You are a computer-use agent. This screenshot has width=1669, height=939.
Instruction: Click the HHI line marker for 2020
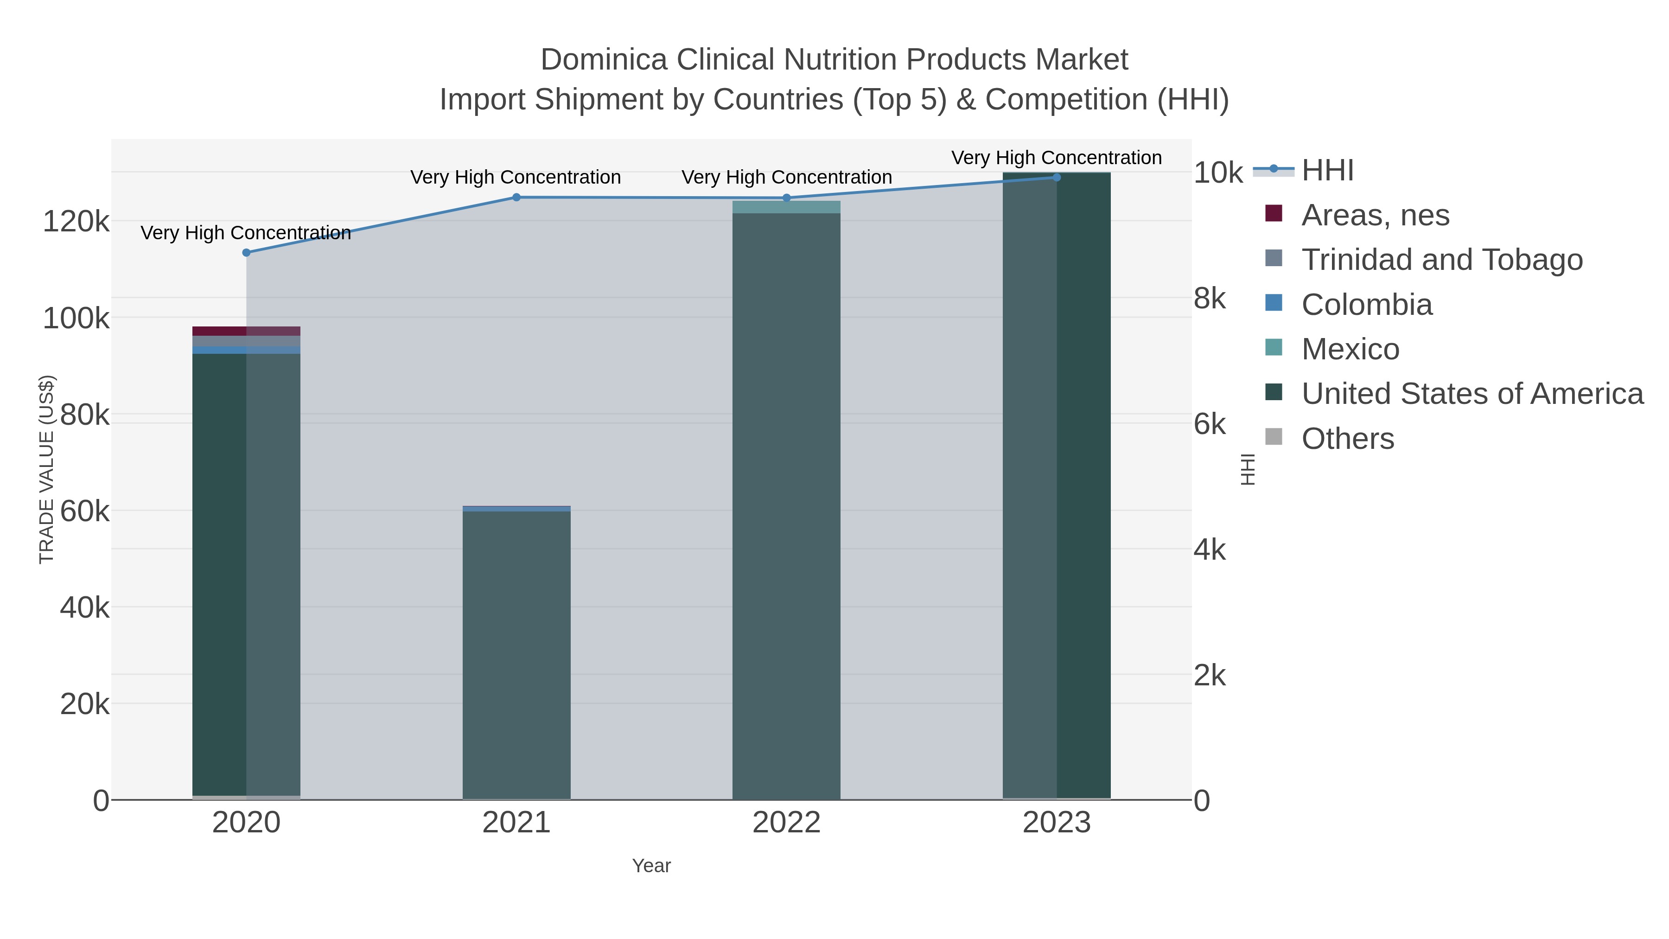pos(246,253)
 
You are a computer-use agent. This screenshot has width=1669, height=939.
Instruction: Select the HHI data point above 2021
pos(516,198)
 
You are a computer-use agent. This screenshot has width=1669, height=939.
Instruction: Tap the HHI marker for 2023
pos(1057,178)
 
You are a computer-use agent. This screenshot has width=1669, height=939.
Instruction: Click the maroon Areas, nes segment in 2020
pos(246,331)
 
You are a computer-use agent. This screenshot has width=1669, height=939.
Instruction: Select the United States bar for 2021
pos(516,654)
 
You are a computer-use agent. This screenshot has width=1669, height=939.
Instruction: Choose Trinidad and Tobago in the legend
pos(1441,260)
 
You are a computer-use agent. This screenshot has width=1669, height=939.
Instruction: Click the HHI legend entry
pos(1327,171)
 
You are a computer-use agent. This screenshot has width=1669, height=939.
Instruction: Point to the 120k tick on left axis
pos(76,222)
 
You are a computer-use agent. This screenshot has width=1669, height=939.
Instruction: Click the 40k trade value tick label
pos(84,608)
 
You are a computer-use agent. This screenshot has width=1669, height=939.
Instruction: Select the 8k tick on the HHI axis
pos(1210,299)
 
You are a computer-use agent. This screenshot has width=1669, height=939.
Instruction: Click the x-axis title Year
pos(651,866)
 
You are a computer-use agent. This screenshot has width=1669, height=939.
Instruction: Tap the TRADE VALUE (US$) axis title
pos(47,469)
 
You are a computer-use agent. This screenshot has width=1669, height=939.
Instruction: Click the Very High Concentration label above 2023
pos(1056,158)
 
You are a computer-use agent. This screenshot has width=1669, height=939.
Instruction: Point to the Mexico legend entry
pos(1350,349)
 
